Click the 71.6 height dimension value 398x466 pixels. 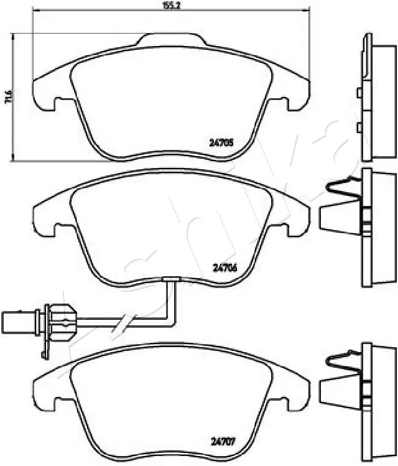point(7,98)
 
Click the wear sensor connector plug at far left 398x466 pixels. point(19,322)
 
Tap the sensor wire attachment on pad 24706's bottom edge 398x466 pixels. point(169,281)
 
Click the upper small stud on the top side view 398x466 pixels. point(359,93)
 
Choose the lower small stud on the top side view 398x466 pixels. point(359,128)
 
